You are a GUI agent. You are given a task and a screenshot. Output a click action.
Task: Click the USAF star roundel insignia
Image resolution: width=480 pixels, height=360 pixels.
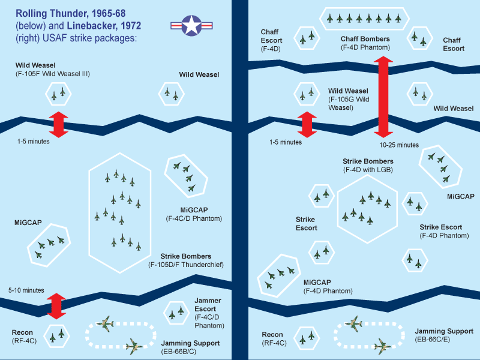coord(191,25)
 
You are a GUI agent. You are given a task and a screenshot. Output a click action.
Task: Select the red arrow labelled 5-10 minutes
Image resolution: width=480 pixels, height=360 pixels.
coord(56,306)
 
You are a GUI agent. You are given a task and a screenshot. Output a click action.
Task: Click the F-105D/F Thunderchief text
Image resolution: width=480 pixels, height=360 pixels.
coord(185,264)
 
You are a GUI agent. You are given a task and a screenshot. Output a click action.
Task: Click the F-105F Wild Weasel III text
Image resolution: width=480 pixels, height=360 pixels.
coord(53,73)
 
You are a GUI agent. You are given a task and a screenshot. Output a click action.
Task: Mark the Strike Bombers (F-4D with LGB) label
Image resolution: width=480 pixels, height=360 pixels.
coord(368,166)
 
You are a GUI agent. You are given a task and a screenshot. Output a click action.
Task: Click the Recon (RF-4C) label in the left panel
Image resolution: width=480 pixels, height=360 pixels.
coord(26,337)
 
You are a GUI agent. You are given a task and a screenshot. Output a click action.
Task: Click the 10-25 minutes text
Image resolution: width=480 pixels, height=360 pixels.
coord(399,145)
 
